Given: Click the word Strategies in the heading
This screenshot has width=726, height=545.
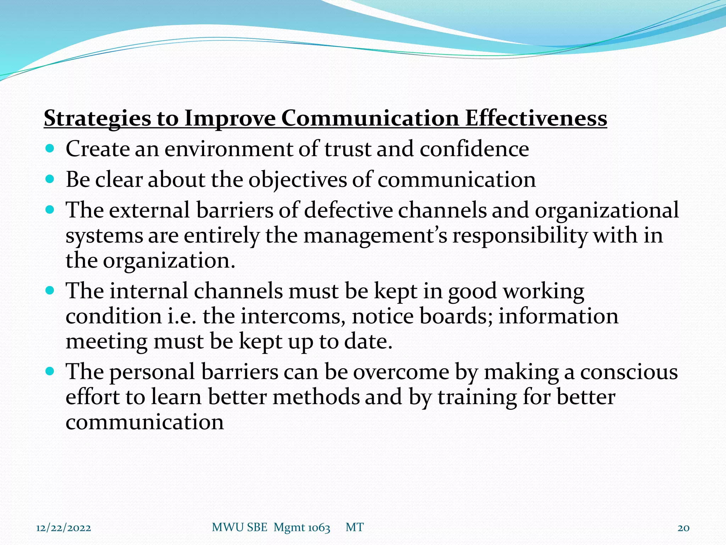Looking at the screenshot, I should [x=97, y=119].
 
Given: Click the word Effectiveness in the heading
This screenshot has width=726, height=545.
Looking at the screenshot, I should [x=536, y=118].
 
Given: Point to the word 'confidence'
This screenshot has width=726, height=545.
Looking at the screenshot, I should [x=474, y=149].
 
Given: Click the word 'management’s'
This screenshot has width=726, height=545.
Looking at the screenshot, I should [x=375, y=235].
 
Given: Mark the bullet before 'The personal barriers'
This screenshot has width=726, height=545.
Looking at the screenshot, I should [x=50, y=371].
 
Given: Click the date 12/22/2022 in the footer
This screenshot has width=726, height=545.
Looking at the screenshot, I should [x=64, y=528].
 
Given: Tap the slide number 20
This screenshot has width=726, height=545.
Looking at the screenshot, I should [x=683, y=528].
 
